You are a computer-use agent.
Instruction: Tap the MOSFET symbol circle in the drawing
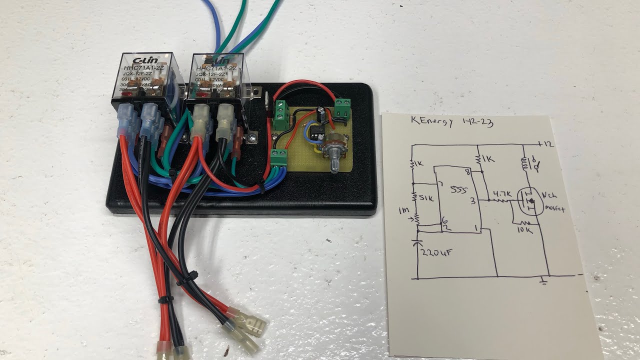(x=530, y=201)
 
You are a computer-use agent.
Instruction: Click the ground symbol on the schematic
(x=544, y=282)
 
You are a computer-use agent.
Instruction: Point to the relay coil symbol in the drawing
(x=525, y=163)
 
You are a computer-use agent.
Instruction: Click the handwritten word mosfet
(x=554, y=209)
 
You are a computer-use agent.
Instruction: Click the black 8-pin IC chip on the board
(x=316, y=131)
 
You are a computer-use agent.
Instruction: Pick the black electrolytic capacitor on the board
(x=324, y=114)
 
